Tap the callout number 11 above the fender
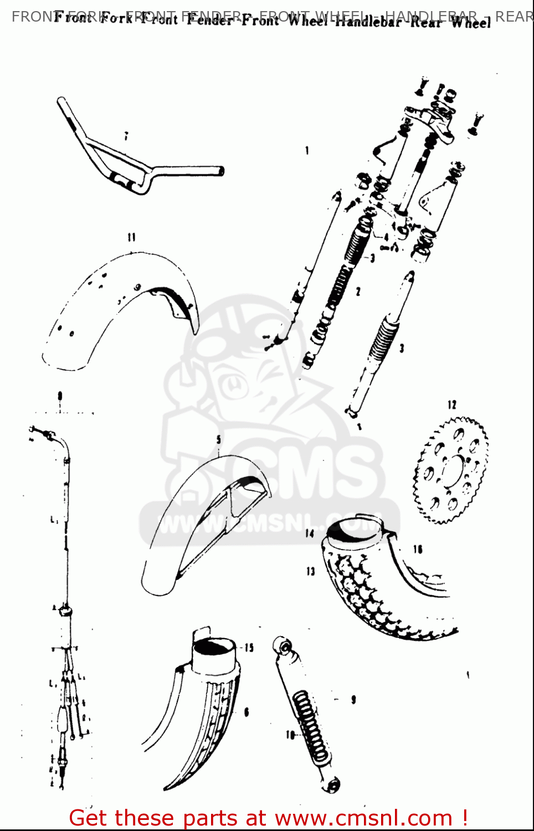(131, 237)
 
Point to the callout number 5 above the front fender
(219, 439)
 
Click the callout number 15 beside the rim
(249, 647)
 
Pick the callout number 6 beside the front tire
(247, 712)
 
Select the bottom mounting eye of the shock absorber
(332, 784)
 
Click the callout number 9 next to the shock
(353, 700)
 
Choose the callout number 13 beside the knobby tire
(310, 571)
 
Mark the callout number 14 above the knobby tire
(309, 533)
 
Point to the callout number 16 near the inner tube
(418, 549)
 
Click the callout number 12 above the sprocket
(452, 405)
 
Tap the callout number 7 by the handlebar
(126, 136)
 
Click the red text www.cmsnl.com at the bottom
(363, 818)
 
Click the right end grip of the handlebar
(219, 171)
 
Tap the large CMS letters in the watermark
(310, 471)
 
